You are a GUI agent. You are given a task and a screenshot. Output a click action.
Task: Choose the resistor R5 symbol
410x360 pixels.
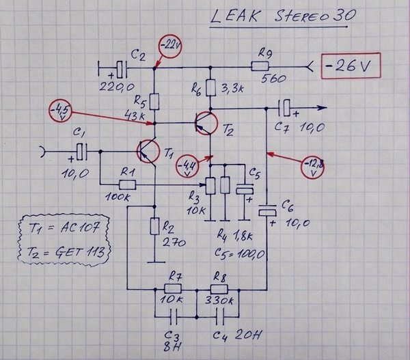[154, 101]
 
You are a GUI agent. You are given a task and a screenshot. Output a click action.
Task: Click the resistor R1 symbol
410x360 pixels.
[126, 184]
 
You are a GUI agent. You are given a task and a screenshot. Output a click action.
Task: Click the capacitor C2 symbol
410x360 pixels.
[122, 68]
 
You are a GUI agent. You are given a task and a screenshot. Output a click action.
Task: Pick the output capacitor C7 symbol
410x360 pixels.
[287, 107]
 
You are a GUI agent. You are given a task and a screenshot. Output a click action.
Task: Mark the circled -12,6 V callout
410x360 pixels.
[314, 167]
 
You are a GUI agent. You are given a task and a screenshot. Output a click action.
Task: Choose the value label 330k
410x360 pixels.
[219, 299]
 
